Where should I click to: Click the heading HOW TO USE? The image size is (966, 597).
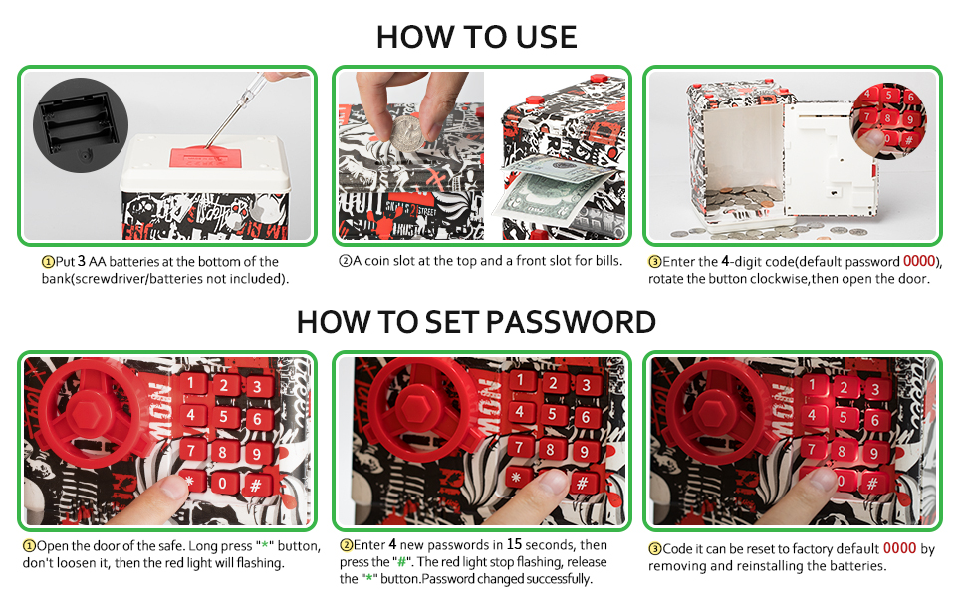pyautogui.click(x=477, y=37)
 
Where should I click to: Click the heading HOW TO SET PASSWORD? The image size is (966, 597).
pyautogui.click(x=476, y=322)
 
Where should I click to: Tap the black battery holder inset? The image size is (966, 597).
pyautogui.click(x=79, y=118)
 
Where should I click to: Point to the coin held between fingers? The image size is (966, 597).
pyautogui.click(x=406, y=129)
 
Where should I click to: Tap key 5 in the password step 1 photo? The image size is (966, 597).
pyautogui.click(x=224, y=416)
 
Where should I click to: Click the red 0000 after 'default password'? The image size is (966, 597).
pyautogui.click(x=920, y=262)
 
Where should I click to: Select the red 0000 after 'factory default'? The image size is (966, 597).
pyautogui.click(x=899, y=548)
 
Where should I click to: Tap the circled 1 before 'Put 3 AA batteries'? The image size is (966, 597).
pyautogui.click(x=47, y=262)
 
